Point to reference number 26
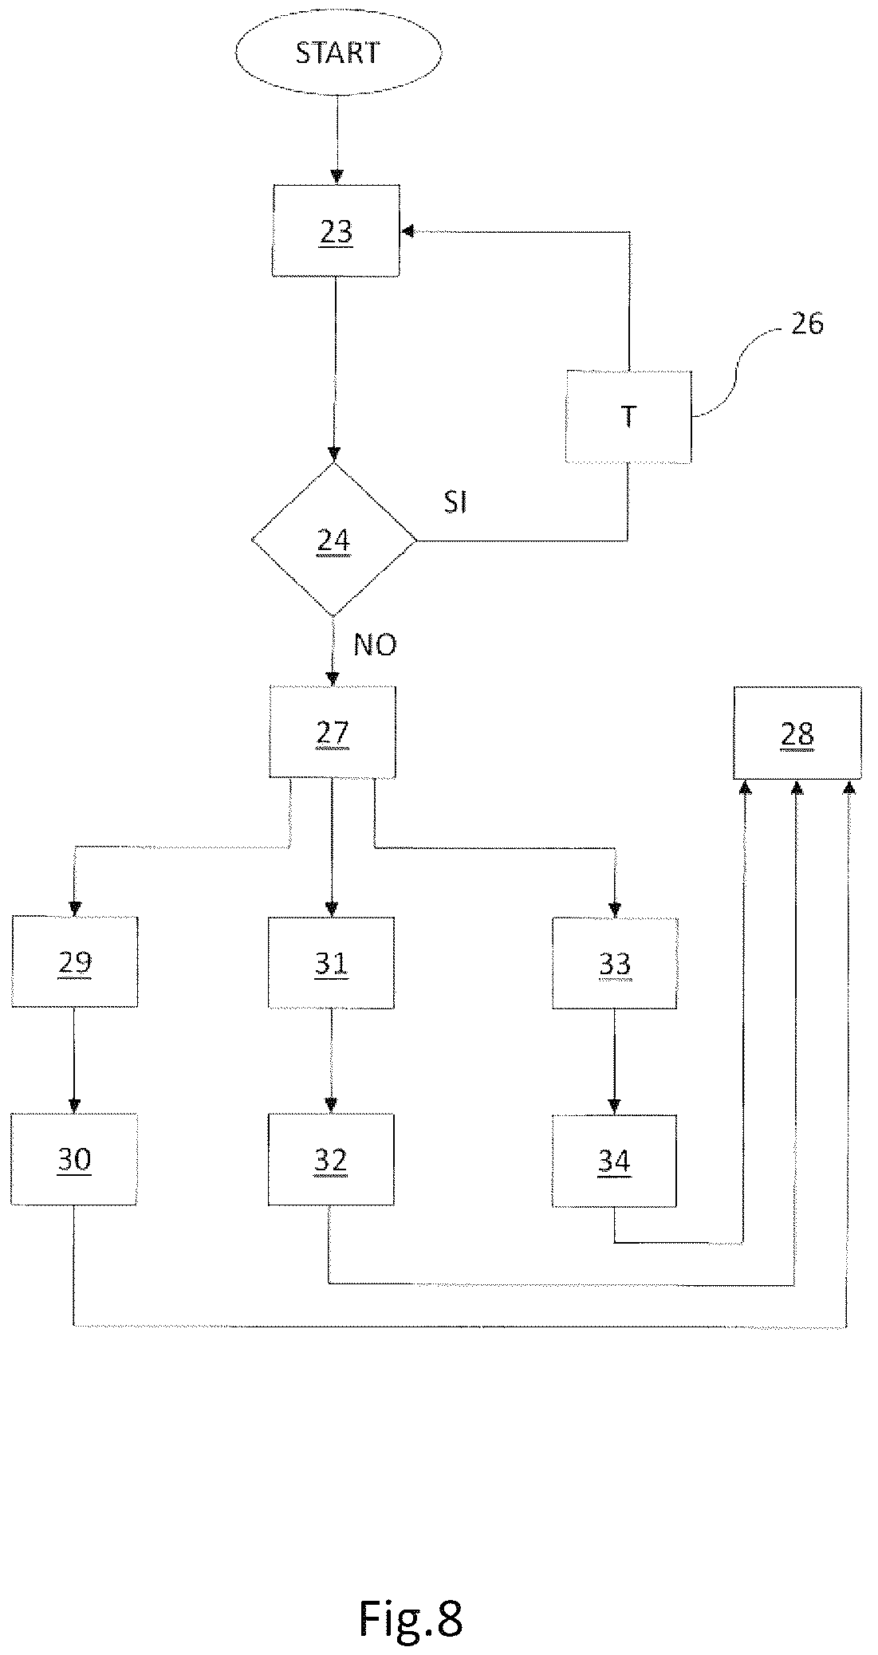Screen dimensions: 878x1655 point(806,324)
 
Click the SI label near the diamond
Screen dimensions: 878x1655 point(455,503)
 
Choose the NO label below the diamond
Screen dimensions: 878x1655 point(375,645)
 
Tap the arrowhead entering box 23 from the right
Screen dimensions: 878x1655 point(408,231)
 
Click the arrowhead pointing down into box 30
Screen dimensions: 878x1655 point(74,1106)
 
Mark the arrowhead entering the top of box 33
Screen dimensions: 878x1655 point(615,910)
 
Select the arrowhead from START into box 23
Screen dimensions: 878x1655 point(337,178)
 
